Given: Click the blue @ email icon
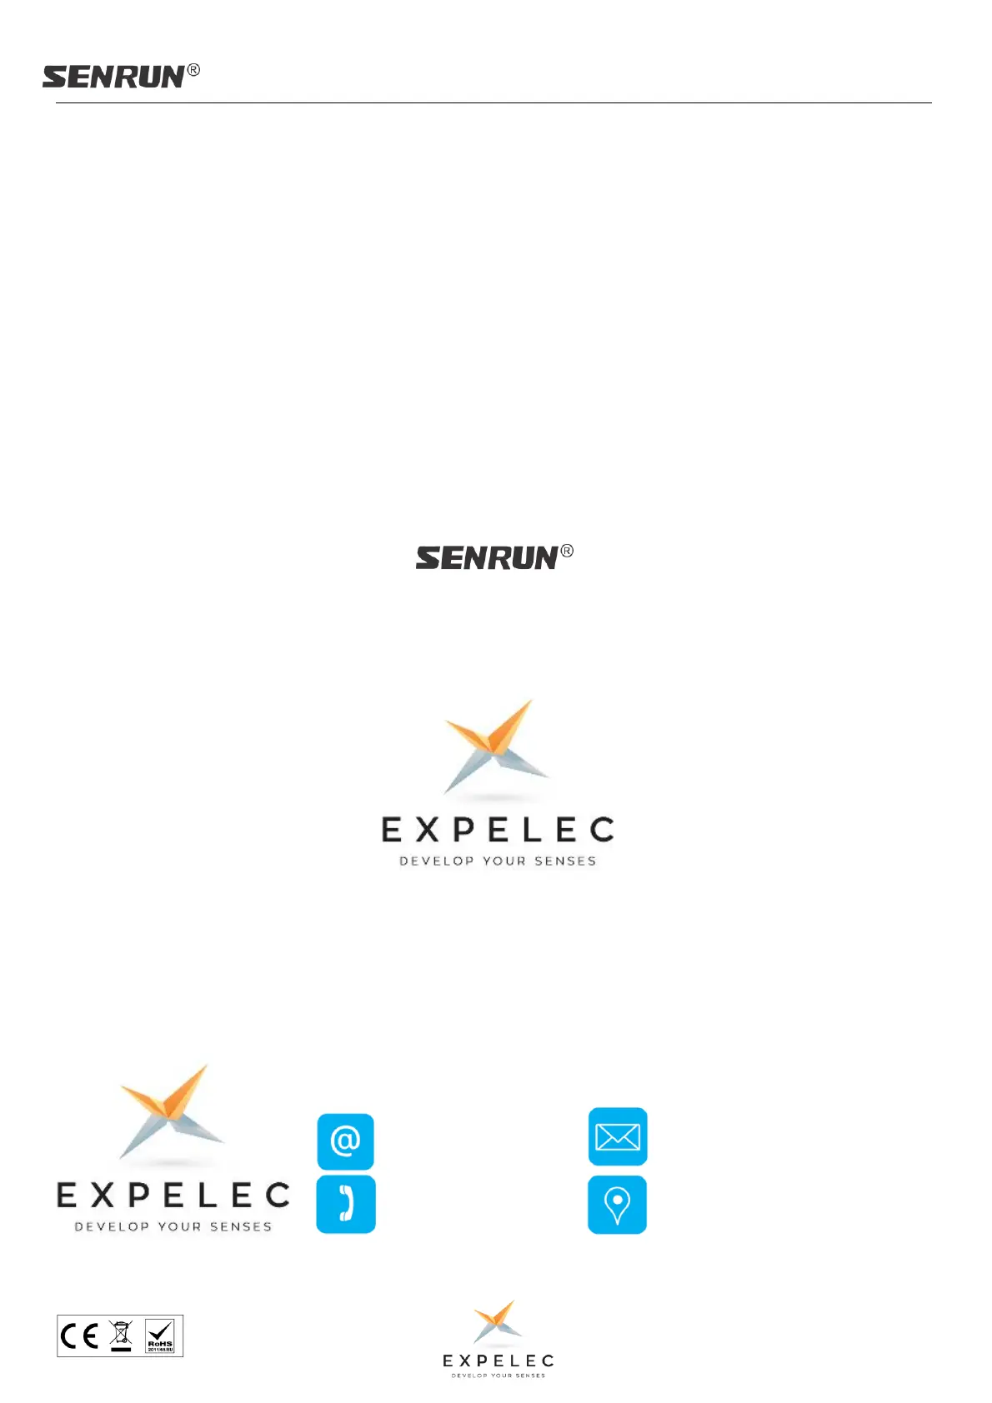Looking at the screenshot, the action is point(345,1141).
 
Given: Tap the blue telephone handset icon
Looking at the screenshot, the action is point(346,1204).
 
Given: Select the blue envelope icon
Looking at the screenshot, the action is point(618,1136).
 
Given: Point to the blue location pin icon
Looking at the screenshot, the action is point(617,1205).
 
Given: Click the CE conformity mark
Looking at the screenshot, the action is point(81,1336).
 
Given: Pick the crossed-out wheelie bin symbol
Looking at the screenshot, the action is point(121,1336).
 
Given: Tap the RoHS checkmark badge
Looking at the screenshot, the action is point(160,1336).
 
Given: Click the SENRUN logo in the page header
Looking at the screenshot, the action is point(113,77).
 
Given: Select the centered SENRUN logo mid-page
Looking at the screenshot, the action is point(487,558).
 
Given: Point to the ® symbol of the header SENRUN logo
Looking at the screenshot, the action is point(193,70).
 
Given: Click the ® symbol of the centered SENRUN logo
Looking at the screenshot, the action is point(567,551).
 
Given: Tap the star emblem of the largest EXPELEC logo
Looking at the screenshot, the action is point(496,746).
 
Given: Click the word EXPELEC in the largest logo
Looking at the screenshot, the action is point(498,830).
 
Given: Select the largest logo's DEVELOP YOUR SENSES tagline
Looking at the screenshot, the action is point(498,861).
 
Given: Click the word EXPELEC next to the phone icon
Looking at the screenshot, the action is point(173,1196).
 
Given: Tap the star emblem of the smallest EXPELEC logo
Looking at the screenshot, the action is point(498,1321).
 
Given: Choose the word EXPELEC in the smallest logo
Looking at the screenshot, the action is point(498,1361).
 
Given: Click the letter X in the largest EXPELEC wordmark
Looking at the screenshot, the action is point(427,830).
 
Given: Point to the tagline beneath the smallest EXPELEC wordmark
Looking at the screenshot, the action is point(498,1376).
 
